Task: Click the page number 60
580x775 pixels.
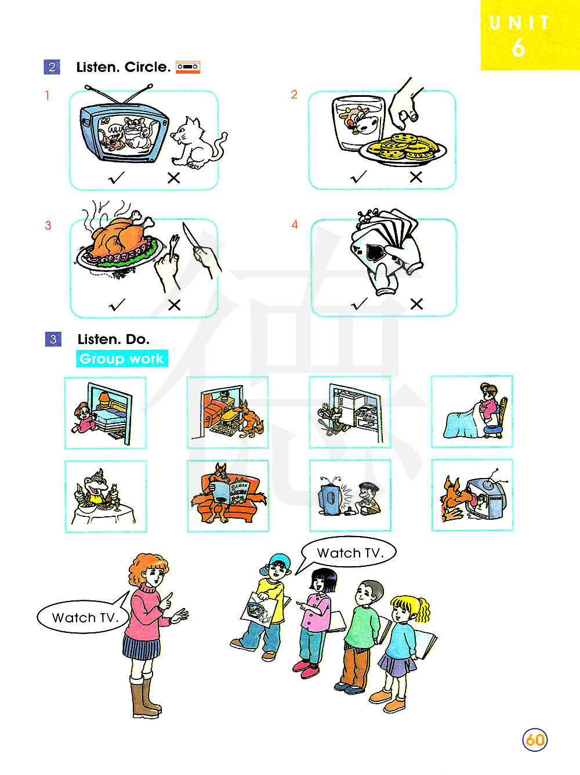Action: pyautogui.click(x=534, y=740)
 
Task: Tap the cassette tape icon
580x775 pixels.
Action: pyautogui.click(x=188, y=67)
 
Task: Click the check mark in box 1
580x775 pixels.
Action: pyautogui.click(x=117, y=178)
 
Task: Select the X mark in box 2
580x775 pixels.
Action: pyautogui.click(x=416, y=177)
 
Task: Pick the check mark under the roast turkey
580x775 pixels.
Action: pyautogui.click(x=117, y=305)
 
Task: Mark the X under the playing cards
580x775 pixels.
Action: pyautogui.click(x=416, y=304)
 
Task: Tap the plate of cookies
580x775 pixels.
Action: pyautogui.click(x=403, y=149)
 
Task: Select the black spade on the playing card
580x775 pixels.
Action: pyautogui.click(x=375, y=251)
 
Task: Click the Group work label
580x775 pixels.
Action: pyautogui.click(x=122, y=358)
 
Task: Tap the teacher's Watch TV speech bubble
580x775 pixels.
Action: pyautogui.click(x=84, y=617)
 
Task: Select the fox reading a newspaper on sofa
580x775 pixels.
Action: pyautogui.click(x=229, y=494)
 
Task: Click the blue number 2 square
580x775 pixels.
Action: pyautogui.click(x=52, y=67)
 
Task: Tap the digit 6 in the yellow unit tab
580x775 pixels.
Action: pyautogui.click(x=518, y=48)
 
